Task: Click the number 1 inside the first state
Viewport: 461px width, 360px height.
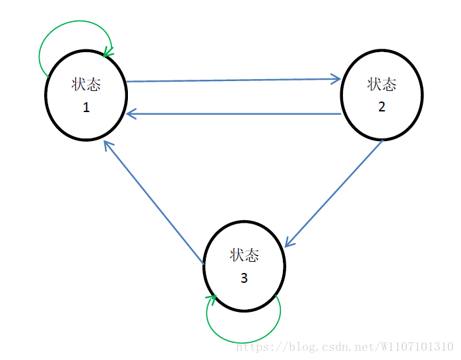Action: [x=86, y=108]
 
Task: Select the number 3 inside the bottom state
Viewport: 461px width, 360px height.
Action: [x=244, y=278]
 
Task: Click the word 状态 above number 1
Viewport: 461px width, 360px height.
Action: [x=86, y=85]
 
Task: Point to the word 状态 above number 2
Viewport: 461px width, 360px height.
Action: [x=382, y=84]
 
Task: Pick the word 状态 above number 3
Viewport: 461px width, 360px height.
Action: [x=244, y=255]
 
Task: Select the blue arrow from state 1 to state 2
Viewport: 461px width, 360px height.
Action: [x=231, y=80]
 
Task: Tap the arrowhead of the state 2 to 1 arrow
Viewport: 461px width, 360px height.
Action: [x=131, y=114]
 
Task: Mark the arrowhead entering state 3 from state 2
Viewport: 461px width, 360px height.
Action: [x=289, y=243]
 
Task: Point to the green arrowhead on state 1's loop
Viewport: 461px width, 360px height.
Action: [x=108, y=51]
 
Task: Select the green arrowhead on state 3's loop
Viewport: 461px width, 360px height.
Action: [x=212, y=300]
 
